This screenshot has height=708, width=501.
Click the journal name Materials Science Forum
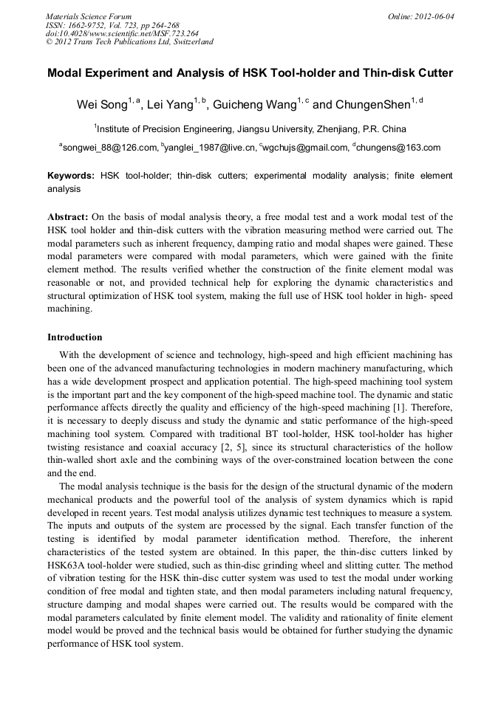coord(89,16)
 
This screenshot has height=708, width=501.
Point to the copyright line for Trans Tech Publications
coord(129,42)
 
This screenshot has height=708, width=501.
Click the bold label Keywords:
coord(71,176)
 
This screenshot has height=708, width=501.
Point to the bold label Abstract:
coord(68,217)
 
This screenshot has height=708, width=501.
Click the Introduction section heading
coord(75,337)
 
